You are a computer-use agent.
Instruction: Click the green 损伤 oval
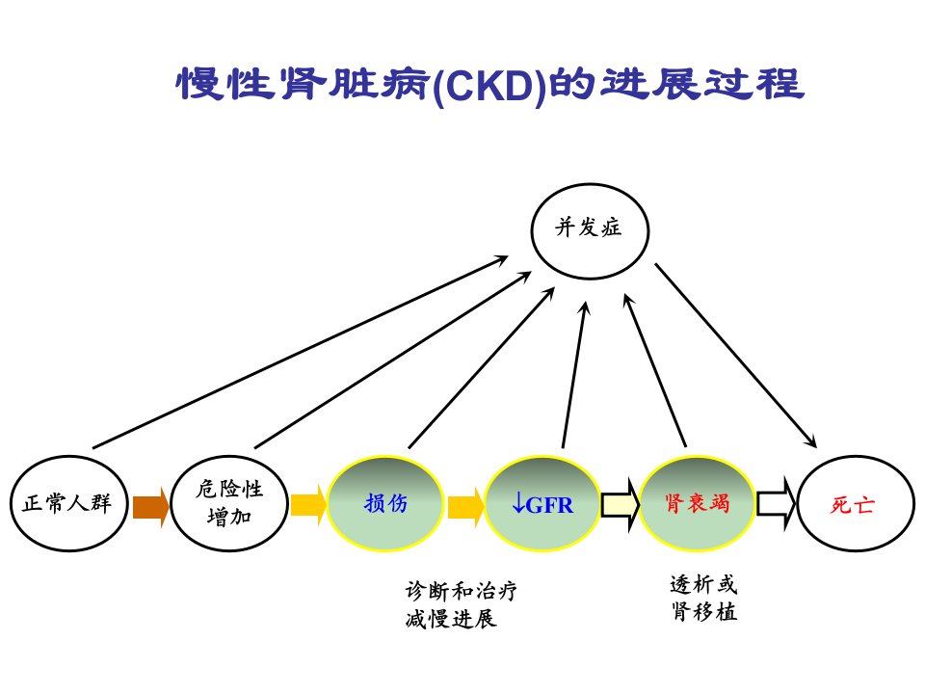click(385, 503)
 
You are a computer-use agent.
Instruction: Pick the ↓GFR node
click(542, 503)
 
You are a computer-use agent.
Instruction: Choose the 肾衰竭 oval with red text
click(697, 503)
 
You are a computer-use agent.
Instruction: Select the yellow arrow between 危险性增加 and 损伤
click(308, 505)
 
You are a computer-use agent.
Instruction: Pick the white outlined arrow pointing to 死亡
click(777, 503)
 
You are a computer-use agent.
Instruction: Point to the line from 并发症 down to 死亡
click(735, 356)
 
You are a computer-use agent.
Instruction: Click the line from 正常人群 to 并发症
click(301, 352)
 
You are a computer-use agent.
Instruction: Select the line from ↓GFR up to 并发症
click(574, 375)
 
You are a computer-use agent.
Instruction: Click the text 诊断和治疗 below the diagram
click(462, 591)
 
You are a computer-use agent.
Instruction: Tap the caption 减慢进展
click(451, 619)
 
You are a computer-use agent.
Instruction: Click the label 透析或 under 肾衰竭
click(703, 584)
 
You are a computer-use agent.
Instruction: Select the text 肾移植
click(704, 611)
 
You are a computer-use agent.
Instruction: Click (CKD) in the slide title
click(489, 86)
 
